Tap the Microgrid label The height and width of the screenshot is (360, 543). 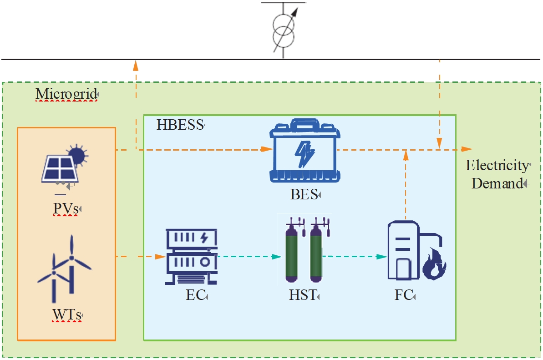[66, 94]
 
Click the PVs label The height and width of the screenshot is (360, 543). [66, 209]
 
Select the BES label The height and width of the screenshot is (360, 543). [304, 195]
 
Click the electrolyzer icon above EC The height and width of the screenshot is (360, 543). [191, 255]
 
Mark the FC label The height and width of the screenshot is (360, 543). [403, 295]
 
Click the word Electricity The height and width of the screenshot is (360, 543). [496, 165]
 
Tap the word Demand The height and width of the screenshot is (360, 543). [496, 184]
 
